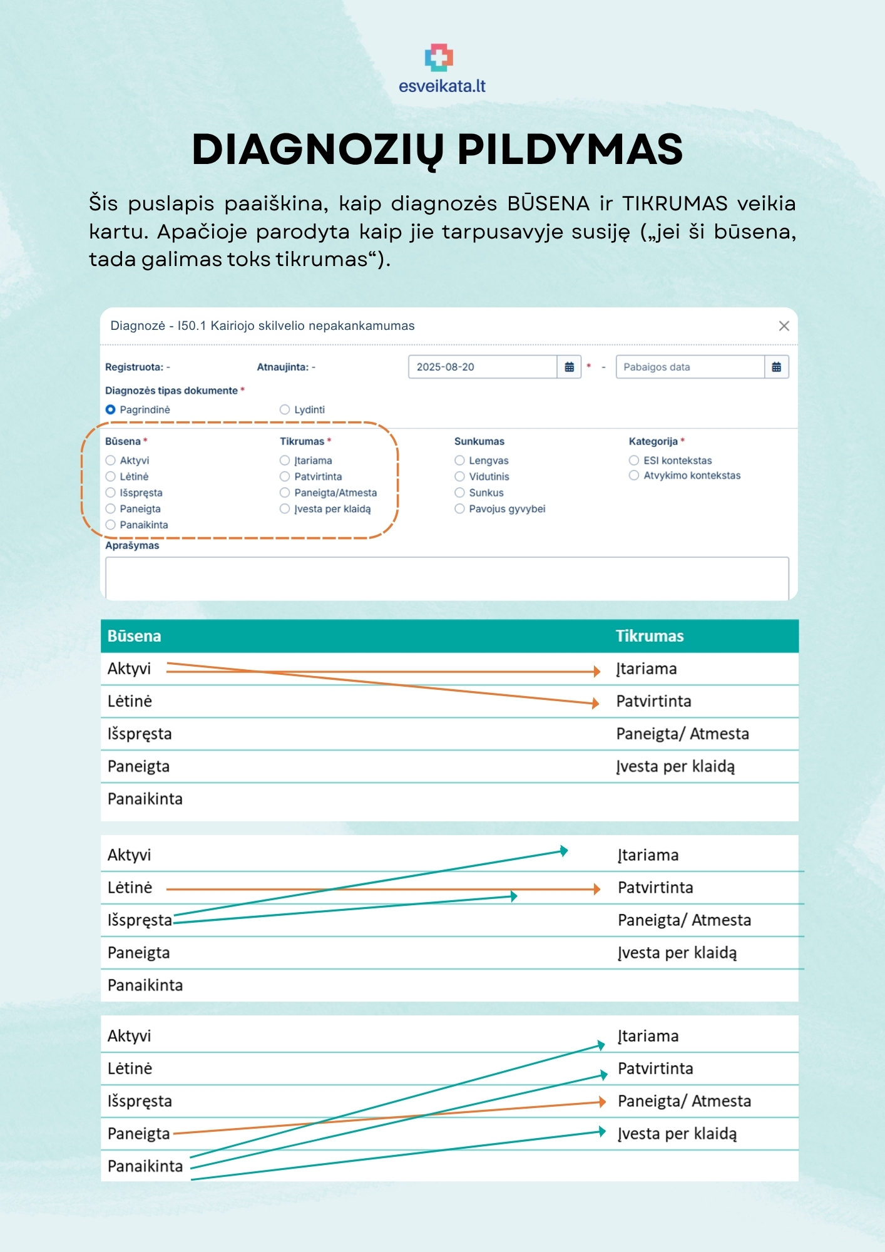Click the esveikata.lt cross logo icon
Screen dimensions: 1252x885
tap(439, 58)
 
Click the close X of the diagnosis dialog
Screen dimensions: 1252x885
tap(784, 326)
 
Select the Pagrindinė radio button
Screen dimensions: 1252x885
tap(111, 409)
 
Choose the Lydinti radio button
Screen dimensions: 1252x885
tap(285, 409)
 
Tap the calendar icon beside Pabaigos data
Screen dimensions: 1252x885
tap(776, 367)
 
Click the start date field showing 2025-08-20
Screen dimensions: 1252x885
tap(482, 367)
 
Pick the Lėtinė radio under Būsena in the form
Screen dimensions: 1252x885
tap(111, 476)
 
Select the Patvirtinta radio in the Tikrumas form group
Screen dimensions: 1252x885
tap(285, 476)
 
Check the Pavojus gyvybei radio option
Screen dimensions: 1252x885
tap(459, 509)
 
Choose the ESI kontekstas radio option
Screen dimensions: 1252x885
tap(634, 460)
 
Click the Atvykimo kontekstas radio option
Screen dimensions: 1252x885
tap(634, 475)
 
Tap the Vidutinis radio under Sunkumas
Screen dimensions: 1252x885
tap(459, 476)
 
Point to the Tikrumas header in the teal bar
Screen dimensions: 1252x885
tap(650, 636)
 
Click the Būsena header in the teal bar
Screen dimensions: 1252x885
tap(134, 636)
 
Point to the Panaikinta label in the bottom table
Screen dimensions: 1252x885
tap(145, 1166)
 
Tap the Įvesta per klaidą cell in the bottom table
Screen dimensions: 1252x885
tap(677, 1134)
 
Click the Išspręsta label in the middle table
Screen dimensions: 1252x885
tap(140, 920)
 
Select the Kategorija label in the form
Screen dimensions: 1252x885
tap(653, 441)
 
